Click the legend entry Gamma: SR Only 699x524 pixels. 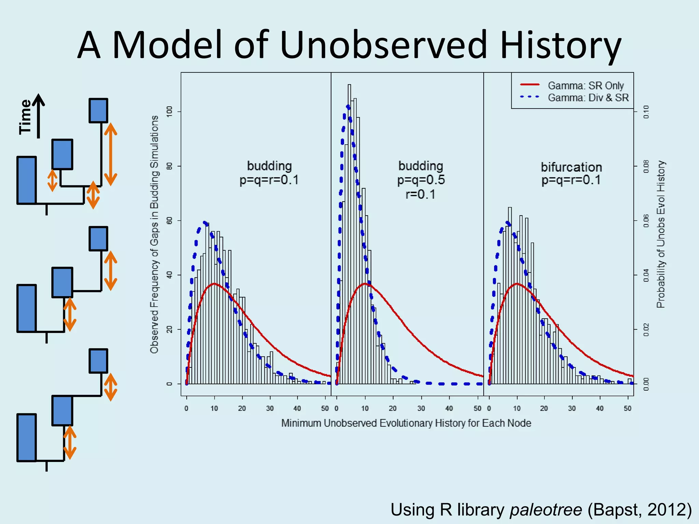[585, 85]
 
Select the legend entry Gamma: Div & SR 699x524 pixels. [588, 98]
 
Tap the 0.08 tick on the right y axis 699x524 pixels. [646, 166]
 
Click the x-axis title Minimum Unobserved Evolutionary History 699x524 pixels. [406, 423]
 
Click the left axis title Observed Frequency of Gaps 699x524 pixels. [154, 234]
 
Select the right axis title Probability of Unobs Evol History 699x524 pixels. [661, 234]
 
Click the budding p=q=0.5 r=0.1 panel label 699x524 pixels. [421, 180]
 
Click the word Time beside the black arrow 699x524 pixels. [25, 117]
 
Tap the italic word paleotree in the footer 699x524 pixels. [546, 509]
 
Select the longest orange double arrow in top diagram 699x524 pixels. [110, 154]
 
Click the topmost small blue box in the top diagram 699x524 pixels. [98, 111]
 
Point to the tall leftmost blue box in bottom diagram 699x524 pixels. [27, 438]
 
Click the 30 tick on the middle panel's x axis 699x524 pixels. [421, 408]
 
